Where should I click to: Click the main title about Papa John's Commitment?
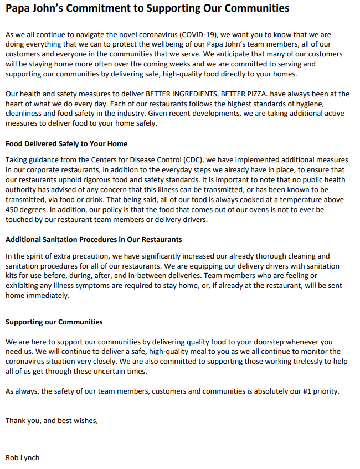click(x=147, y=8)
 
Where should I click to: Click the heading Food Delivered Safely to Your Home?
click(x=66, y=144)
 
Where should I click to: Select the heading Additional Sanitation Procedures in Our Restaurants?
click(x=94, y=240)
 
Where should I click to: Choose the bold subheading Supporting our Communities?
click(x=54, y=322)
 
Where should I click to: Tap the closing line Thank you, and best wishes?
click(x=52, y=421)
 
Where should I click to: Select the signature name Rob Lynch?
click(x=22, y=458)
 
